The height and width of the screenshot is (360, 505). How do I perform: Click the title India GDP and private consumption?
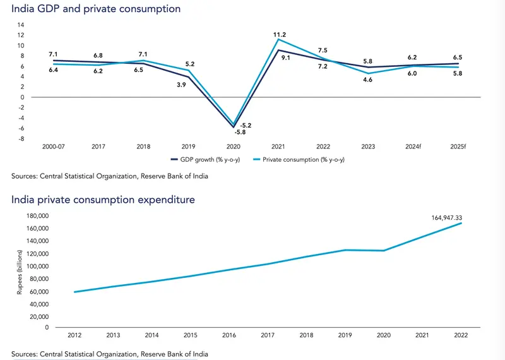click(x=96, y=9)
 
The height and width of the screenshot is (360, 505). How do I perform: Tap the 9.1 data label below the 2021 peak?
click(x=285, y=58)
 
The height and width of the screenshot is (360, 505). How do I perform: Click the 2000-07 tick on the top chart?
click(x=53, y=147)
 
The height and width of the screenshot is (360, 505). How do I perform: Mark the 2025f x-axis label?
click(x=458, y=147)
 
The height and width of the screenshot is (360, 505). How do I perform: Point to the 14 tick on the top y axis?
click(x=20, y=25)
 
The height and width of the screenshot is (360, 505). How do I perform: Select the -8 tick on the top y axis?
click(x=21, y=138)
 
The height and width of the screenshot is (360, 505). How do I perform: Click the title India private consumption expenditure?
click(x=103, y=200)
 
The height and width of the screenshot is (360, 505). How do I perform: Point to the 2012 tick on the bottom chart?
click(x=74, y=335)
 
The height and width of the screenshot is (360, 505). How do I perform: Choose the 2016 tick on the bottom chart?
click(x=229, y=335)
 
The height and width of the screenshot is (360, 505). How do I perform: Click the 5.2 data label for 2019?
click(x=189, y=64)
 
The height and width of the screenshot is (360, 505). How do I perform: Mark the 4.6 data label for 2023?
click(x=368, y=80)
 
